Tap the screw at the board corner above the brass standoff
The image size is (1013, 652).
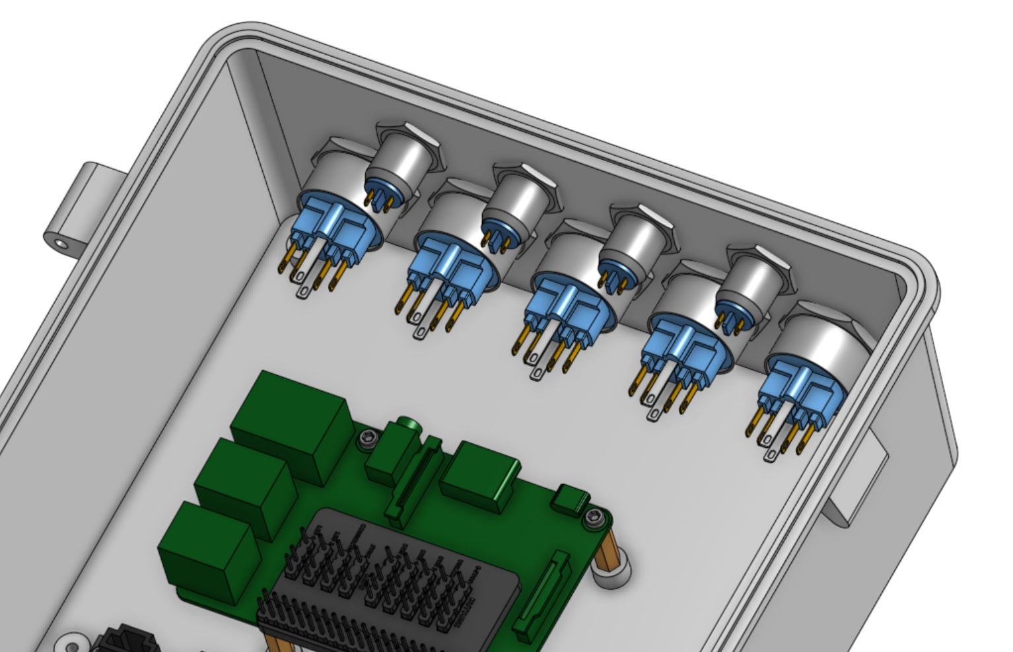594,519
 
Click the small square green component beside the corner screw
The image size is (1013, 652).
571,499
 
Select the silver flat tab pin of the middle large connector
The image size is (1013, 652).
538,367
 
